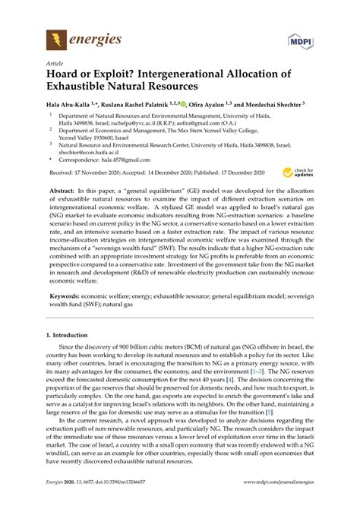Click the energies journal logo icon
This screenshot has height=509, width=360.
[x=55, y=37]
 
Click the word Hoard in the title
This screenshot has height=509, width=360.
[x=65, y=77]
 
